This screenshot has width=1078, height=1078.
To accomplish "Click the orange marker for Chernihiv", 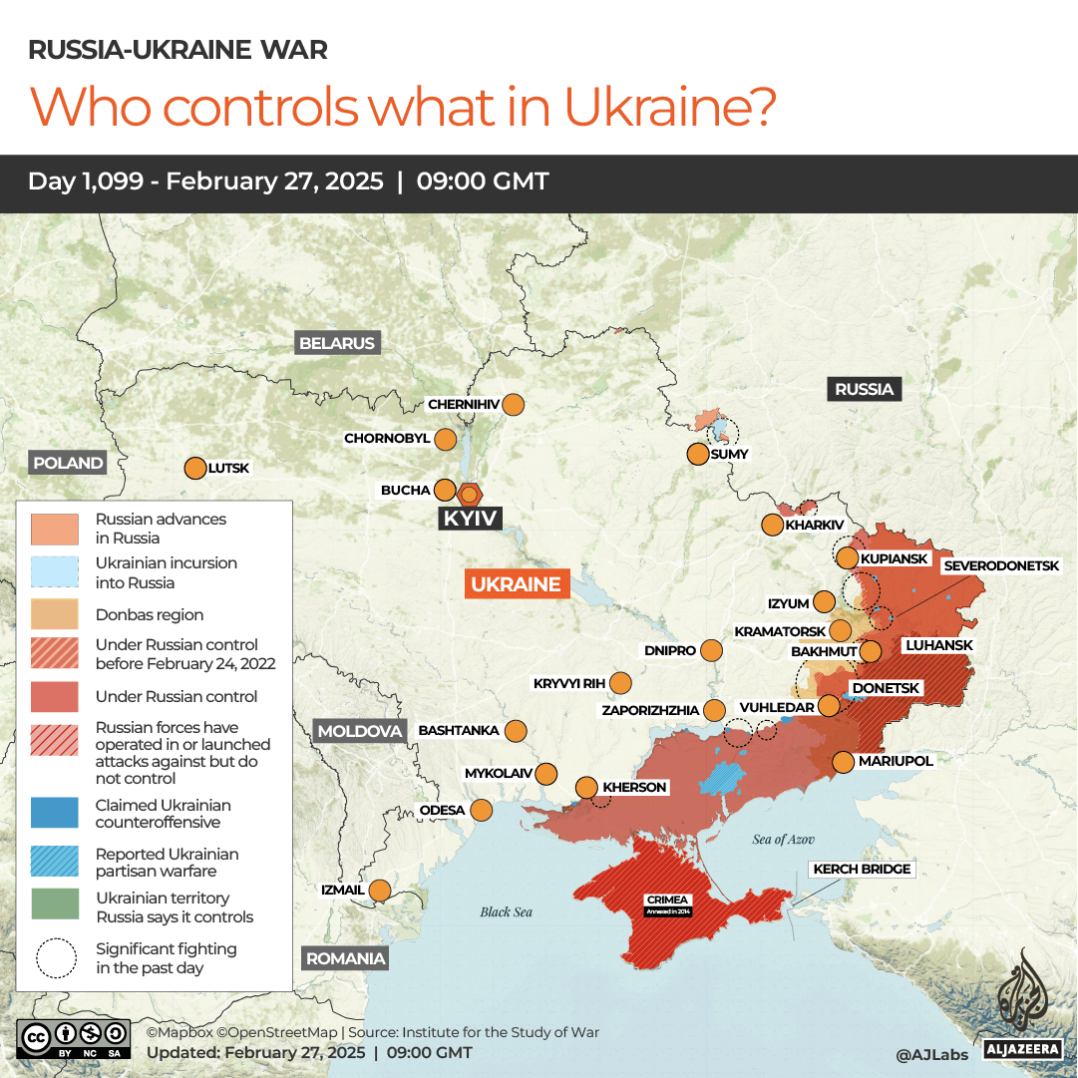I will point(514,405).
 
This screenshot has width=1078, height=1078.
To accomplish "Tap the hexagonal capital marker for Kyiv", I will point(469,494).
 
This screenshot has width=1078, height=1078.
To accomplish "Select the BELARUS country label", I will point(337,343).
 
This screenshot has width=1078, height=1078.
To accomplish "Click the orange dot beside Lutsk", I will point(194,468).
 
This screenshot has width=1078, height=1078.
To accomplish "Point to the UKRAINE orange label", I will point(517,584).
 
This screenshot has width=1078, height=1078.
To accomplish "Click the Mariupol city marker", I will point(843,762).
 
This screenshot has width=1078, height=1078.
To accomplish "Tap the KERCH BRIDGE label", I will point(862,870).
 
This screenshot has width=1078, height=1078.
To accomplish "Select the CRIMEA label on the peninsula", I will point(667,900).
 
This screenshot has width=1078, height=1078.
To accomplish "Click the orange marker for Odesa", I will point(482,810).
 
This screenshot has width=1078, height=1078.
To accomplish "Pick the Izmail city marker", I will point(380,890).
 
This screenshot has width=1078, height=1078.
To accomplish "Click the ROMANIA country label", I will point(345,958).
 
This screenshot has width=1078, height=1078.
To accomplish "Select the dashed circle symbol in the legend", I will point(55,958).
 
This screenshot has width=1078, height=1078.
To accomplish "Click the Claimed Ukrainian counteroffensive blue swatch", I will point(55,813).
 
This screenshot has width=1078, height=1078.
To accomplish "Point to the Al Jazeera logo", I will point(1020,1002).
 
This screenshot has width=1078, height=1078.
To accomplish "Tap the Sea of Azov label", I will point(784,840).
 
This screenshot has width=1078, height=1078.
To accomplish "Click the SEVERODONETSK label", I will point(1001,565).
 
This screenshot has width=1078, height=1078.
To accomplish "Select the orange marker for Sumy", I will point(698,454).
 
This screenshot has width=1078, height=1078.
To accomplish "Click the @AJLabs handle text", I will point(931,1053).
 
